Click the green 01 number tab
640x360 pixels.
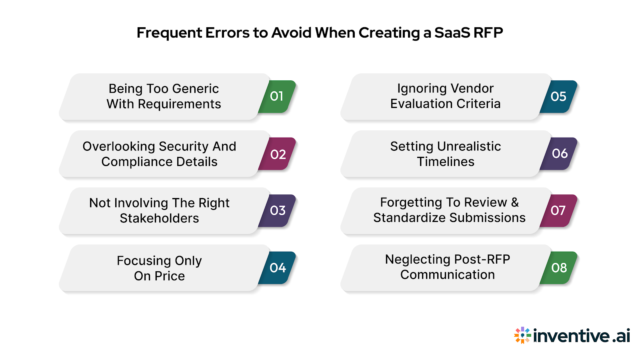277,96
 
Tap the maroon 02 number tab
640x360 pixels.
278,154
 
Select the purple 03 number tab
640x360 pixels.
278,210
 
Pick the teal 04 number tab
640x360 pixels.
278,268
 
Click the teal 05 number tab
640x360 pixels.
558,96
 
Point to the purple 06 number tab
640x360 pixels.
559,154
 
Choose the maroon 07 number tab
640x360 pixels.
558,210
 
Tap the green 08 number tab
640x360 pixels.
559,268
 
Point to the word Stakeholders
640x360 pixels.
159,218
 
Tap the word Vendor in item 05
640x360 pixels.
474,88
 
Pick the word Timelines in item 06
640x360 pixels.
446,162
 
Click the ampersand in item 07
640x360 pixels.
515,202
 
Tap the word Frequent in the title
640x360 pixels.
169,33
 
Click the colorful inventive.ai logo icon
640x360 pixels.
522,335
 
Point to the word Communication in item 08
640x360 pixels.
448,275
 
